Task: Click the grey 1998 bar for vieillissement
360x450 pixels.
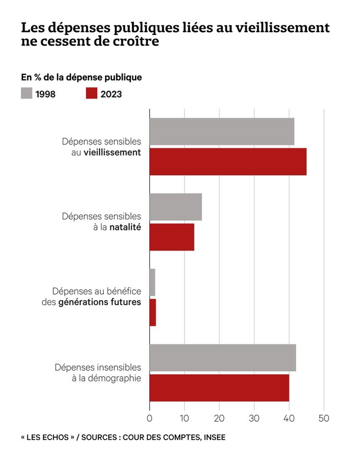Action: click(222, 131)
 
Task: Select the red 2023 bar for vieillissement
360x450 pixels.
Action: click(228, 162)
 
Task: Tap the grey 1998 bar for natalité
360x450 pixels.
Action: click(176, 207)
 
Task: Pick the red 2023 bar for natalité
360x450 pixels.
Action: click(172, 237)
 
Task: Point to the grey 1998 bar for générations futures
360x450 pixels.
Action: click(152, 283)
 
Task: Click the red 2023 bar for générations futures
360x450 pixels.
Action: click(153, 312)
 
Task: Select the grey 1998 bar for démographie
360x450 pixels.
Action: click(223, 357)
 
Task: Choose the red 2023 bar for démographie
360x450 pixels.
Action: click(219, 388)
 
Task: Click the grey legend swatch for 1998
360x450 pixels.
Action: click(26, 94)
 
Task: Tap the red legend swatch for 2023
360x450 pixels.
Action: click(92, 94)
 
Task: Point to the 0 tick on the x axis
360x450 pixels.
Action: click(149, 417)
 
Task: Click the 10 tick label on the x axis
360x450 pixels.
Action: click(184, 417)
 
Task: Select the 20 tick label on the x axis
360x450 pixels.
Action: click(219, 417)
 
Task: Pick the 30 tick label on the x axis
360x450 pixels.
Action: click(254, 417)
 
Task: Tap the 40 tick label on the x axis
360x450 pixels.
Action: click(289, 417)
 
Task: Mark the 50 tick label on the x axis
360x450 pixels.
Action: click(324, 417)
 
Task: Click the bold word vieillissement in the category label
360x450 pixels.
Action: click(112, 153)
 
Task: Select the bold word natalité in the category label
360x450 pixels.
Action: click(125, 227)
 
